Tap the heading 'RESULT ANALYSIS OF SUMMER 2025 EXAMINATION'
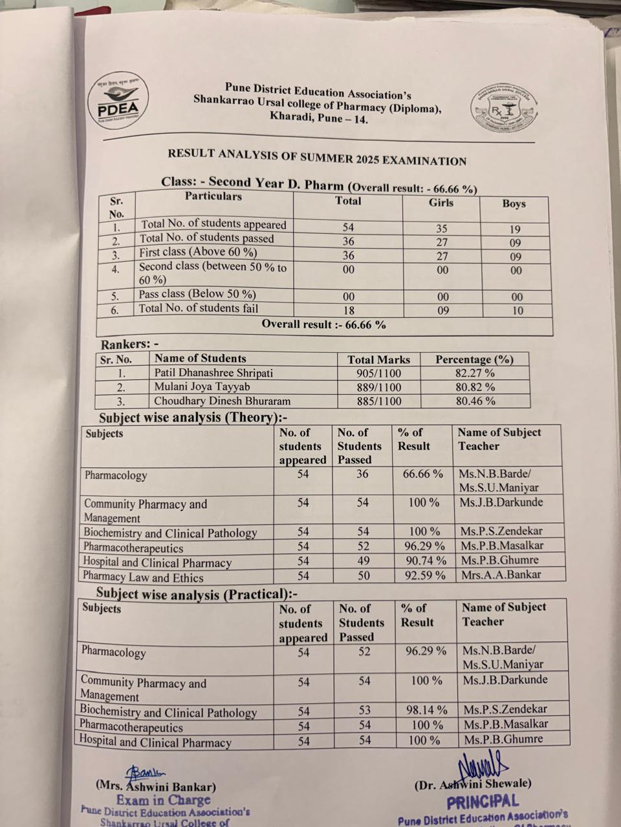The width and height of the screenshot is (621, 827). (317, 157)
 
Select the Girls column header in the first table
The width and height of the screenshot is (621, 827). (441, 203)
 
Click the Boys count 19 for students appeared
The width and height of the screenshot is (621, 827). (514, 229)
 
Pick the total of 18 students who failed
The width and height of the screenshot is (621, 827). (348, 310)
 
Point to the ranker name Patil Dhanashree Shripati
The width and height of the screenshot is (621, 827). (213, 373)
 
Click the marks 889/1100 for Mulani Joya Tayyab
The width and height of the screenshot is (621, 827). (378, 388)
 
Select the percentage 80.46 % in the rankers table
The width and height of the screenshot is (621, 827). (475, 401)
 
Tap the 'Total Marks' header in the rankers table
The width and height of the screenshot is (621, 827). (378, 360)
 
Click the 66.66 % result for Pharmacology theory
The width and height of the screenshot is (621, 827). (423, 474)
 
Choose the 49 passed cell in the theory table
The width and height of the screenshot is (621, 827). (363, 561)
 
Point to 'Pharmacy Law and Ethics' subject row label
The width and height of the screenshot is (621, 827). (143, 578)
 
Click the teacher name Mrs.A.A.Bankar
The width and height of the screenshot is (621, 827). (501, 574)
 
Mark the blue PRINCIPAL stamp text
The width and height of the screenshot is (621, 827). (482, 802)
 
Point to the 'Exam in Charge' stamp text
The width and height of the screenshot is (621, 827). (163, 800)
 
